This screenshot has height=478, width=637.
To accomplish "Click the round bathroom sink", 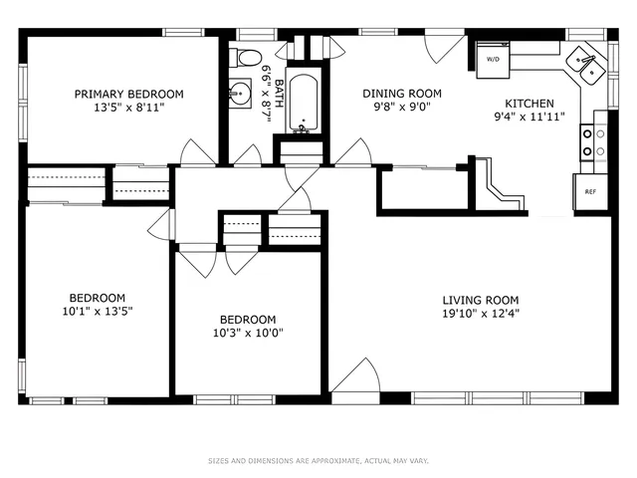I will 240,96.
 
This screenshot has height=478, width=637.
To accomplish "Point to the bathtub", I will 301,104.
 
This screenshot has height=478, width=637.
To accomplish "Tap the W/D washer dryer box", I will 493,59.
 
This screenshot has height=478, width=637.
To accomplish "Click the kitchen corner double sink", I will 584,66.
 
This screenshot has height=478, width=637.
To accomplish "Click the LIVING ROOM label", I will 481,300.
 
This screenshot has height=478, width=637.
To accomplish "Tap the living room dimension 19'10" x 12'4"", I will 481,314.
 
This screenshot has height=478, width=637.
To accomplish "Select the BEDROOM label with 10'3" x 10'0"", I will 248,320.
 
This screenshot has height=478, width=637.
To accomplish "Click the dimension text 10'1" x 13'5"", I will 98,311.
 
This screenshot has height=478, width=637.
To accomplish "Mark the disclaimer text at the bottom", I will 318,461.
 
